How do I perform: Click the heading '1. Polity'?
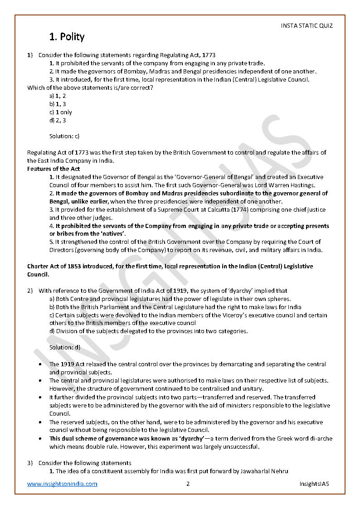pyautogui.click(x=67, y=37)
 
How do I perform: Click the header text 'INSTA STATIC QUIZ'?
pyautogui.click(x=306, y=26)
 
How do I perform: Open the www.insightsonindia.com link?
pyautogui.click(x=62, y=484)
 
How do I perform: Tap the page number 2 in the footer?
pyautogui.click(x=188, y=484)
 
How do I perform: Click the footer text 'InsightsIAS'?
pyautogui.click(x=314, y=484)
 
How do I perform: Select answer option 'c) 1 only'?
pyautogui.click(x=61, y=112)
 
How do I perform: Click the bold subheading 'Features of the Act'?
pyautogui.click(x=54, y=169)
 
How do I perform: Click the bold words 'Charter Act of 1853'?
pyautogui.click(x=55, y=267)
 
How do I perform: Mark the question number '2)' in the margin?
pyautogui.click(x=30, y=291)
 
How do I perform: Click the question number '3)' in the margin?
pyautogui.click(x=30, y=463)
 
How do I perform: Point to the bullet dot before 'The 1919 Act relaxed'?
pyautogui.click(x=41, y=364)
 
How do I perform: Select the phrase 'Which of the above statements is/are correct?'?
pyautogui.click(x=90, y=87)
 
